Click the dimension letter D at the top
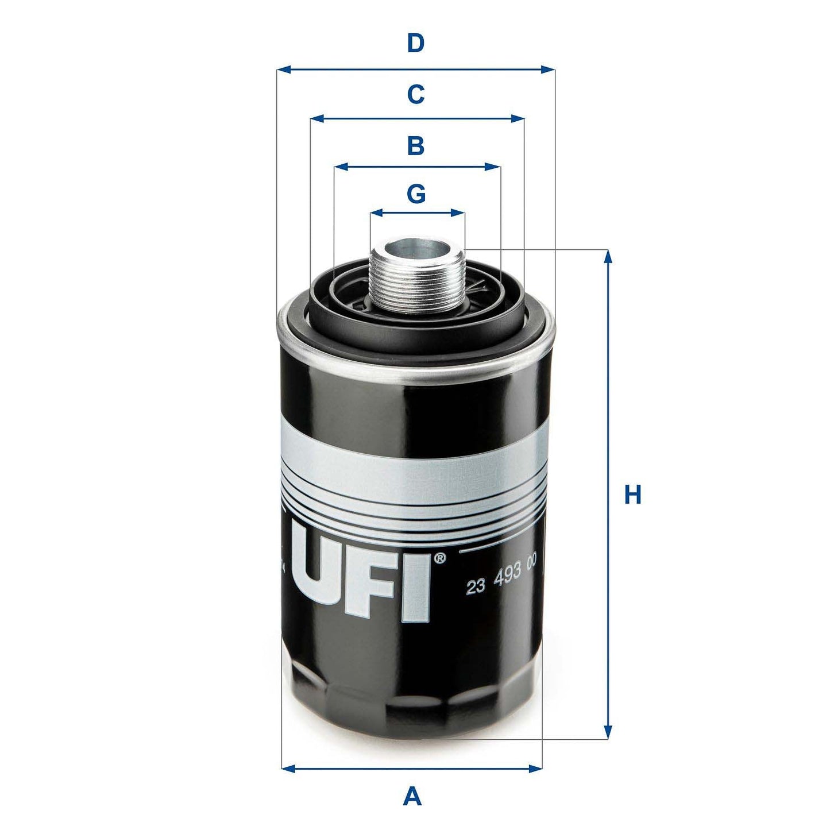[415, 43]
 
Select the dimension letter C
[415, 94]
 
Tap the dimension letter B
[415, 146]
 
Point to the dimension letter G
[416, 194]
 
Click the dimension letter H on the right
[632, 495]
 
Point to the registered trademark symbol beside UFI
[439, 558]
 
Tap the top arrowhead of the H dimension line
[608, 256]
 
